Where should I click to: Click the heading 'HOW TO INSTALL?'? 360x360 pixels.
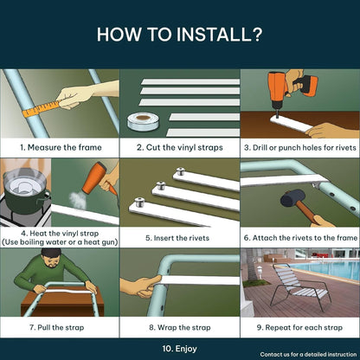coord(179,35)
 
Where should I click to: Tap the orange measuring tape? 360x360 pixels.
coord(42,108)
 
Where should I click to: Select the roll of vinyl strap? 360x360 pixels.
coord(143,121)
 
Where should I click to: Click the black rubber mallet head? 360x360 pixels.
coord(292,198)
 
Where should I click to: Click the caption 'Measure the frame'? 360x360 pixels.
coord(65,147)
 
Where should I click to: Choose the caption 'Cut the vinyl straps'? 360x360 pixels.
coord(184,147)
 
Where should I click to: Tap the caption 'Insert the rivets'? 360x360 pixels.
coord(181,238)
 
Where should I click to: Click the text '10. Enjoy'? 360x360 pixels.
coord(179,349)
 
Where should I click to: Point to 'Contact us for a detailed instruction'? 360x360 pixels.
coord(308,354)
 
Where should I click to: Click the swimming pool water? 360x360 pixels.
coord(326,270)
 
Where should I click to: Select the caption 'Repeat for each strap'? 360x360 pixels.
coord(304,328)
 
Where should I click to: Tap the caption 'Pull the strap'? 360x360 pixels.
coord(61,327)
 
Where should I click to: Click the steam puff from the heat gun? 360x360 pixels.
coord(78,200)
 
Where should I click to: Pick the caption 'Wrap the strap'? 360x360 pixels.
coord(184,328)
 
